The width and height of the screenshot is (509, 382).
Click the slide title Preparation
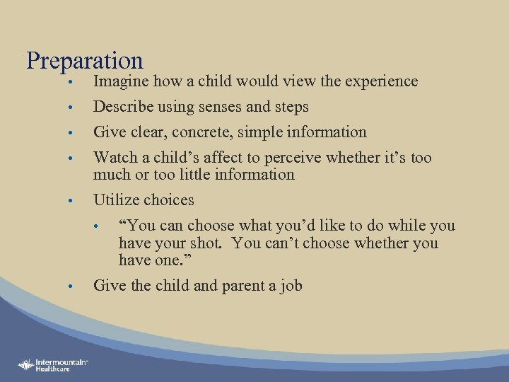point(84,62)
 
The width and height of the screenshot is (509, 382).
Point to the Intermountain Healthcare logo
point(53,365)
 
